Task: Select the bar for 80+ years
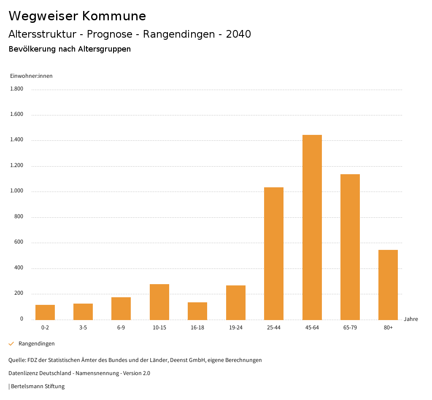tap(388, 285)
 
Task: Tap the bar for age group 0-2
tap(45, 312)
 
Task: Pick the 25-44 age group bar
tap(274, 254)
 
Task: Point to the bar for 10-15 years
tap(159, 302)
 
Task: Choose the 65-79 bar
tap(350, 247)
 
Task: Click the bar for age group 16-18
tap(197, 311)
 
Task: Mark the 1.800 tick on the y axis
tap(16, 89)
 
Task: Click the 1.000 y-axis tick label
tap(16, 192)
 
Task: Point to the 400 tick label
tap(19, 268)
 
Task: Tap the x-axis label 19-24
tap(235, 328)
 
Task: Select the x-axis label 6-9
tap(121, 328)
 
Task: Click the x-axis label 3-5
tap(83, 328)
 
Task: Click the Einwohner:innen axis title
tap(31, 76)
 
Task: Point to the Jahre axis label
tap(410, 319)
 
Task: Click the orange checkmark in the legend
tap(11, 344)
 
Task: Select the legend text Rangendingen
tap(37, 344)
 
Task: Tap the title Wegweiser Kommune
tap(77, 16)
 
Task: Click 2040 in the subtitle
tap(238, 34)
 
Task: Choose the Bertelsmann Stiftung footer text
tap(38, 386)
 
